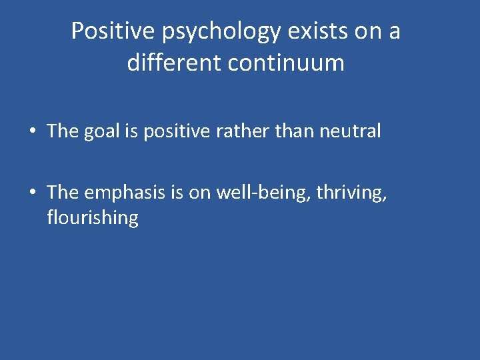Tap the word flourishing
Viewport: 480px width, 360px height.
tap(93, 218)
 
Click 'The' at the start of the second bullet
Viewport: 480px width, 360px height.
tap(63, 192)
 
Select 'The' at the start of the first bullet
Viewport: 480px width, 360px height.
tap(63, 131)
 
